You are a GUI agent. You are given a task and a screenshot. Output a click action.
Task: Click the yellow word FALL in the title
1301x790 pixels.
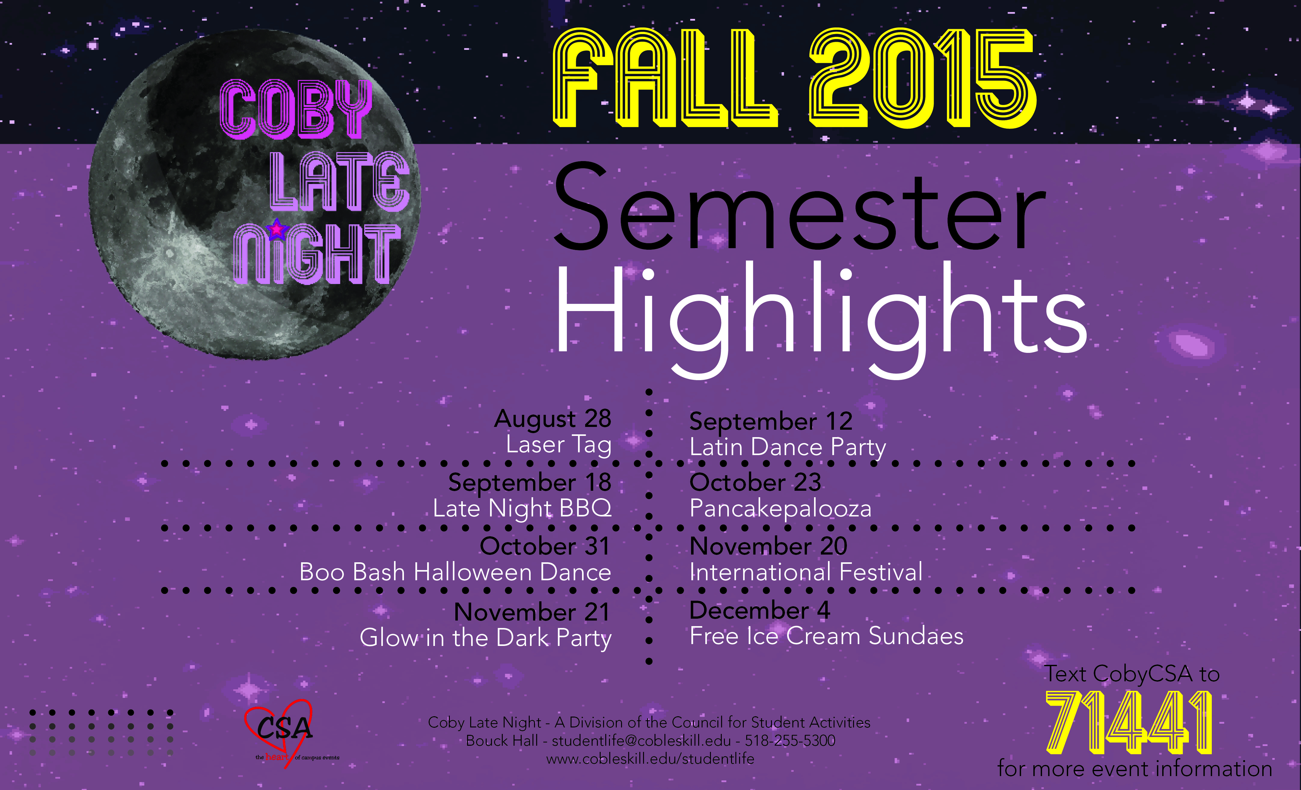coord(664,78)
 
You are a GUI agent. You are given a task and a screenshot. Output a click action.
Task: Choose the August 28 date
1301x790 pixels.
coord(553,419)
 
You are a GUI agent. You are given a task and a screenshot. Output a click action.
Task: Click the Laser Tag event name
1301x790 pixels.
coord(559,445)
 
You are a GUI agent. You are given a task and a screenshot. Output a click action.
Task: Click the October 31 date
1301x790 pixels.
coord(545,546)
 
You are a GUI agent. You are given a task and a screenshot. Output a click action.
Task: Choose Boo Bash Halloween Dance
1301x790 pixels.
coord(455,572)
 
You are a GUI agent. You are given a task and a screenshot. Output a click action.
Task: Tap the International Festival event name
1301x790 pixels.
coord(806,572)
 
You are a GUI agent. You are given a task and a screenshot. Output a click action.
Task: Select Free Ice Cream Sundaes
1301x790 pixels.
coord(826,636)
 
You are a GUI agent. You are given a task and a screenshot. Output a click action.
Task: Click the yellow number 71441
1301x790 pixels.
coord(1129,723)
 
